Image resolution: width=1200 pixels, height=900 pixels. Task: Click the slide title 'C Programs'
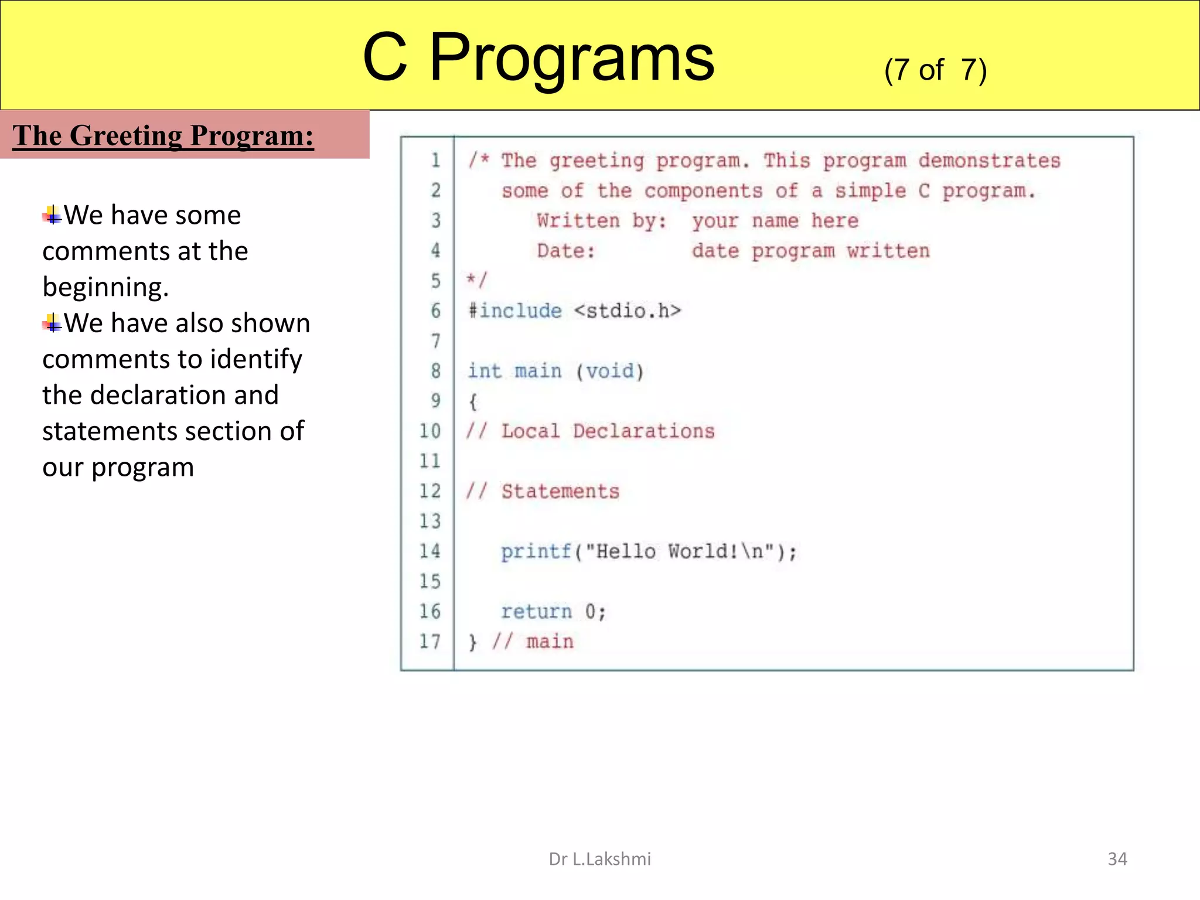point(538,57)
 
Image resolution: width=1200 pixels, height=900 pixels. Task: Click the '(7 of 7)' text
point(935,70)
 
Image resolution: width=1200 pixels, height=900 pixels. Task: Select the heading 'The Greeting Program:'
point(163,135)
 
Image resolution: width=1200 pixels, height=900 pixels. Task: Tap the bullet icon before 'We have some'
point(52,216)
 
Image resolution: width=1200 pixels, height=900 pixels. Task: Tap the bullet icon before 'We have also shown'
point(52,323)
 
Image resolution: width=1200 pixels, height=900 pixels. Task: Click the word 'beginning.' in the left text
point(105,287)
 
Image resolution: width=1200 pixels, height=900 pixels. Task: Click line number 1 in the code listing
point(435,161)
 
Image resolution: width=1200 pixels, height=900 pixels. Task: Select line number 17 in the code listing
point(429,642)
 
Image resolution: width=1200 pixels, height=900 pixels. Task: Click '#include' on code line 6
point(514,311)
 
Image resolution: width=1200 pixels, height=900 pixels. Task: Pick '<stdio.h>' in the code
point(627,311)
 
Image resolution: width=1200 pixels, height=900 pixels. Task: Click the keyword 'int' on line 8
point(484,371)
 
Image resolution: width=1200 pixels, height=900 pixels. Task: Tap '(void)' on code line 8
point(609,371)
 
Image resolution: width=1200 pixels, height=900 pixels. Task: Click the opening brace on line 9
point(473,402)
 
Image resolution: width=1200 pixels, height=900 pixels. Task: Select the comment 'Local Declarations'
point(608,431)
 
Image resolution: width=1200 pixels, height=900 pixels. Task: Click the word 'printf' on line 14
point(536,551)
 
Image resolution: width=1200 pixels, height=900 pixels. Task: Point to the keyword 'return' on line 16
point(536,612)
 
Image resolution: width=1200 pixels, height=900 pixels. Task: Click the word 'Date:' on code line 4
point(565,251)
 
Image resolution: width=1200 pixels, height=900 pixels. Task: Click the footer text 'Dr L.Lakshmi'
point(599,859)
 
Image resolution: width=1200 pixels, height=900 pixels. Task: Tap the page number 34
point(1117,859)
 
